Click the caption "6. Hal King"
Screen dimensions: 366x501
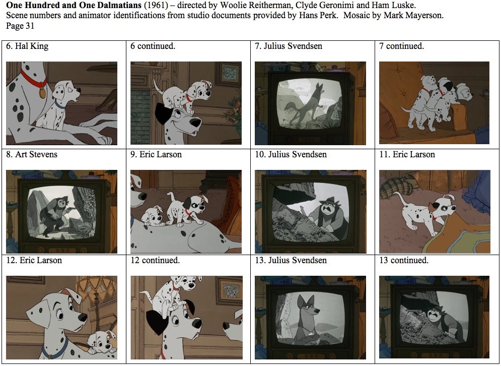coord(27,46)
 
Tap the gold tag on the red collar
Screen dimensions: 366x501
coord(42,94)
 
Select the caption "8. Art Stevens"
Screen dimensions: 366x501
coord(32,155)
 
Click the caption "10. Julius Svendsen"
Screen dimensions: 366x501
coord(291,155)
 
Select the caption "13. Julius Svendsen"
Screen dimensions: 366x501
coord(291,261)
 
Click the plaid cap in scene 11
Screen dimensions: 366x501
coord(395,186)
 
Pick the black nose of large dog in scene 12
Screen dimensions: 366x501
coord(82,317)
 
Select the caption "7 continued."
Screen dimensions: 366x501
coord(401,46)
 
